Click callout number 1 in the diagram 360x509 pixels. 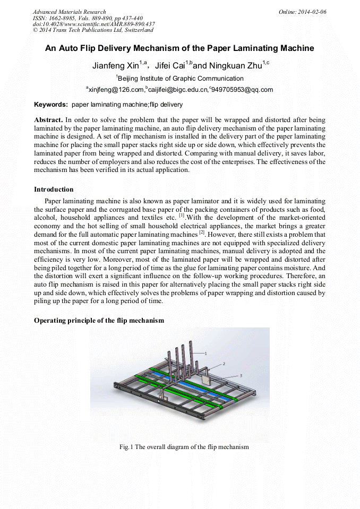point(205,352)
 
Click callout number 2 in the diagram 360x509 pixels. point(224,364)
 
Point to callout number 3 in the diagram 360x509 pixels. point(241,375)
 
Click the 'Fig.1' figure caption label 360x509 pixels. point(126,447)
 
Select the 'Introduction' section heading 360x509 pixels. point(54,189)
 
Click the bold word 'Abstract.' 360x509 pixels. point(48,120)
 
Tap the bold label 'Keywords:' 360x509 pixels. point(51,105)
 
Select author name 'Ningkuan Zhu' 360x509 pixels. point(233,66)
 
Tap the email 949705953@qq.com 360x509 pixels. point(242,90)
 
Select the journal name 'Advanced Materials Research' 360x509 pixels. point(69,12)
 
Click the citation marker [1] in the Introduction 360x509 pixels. point(182,216)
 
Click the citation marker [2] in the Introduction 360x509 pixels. point(202,233)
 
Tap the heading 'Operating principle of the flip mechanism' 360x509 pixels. point(99,321)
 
